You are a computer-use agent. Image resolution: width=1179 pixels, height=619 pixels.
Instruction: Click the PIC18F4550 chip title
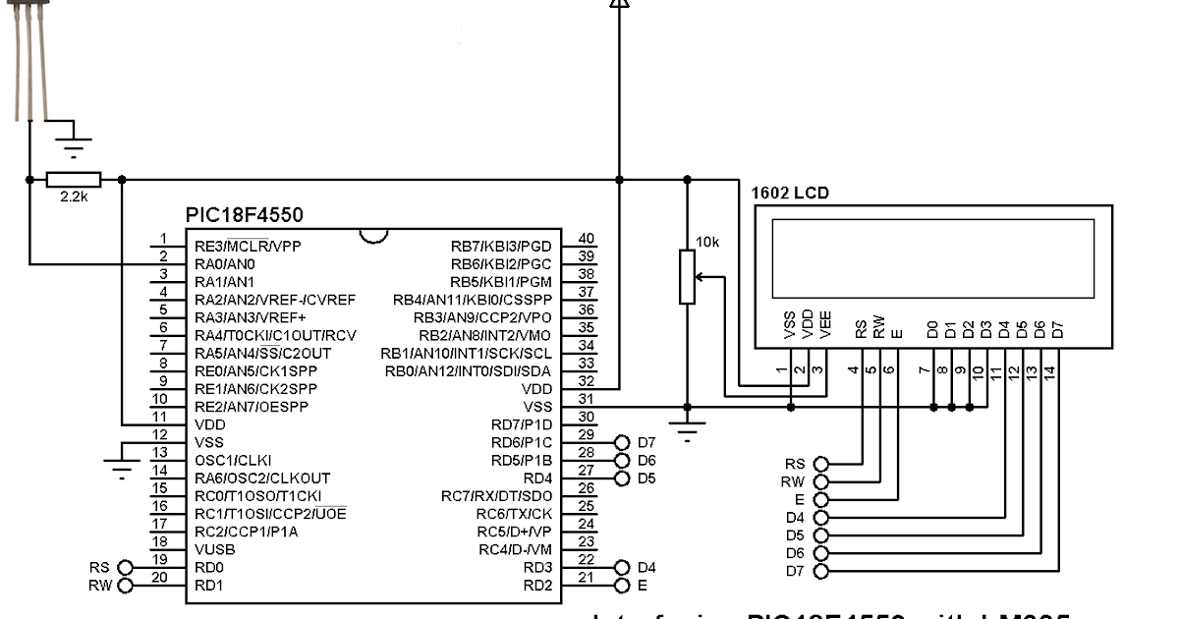point(244,214)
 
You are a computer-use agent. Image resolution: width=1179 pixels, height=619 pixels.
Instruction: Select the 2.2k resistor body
point(74,180)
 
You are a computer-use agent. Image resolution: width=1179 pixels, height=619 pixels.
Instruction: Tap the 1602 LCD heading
point(789,194)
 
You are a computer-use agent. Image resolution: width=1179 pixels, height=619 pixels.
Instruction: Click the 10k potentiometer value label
point(707,242)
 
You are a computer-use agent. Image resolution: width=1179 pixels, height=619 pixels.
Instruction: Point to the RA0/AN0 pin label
point(225,263)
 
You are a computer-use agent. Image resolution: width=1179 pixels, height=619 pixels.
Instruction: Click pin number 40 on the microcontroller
point(586,239)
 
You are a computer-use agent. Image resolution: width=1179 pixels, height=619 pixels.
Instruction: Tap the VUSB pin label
point(215,548)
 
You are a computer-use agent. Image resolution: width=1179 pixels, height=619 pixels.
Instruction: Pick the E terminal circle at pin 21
point(621,586)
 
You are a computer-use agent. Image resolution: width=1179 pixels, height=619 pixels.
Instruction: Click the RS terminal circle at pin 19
point(125,568)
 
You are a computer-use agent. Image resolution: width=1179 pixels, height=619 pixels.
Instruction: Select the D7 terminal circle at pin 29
point(621,442)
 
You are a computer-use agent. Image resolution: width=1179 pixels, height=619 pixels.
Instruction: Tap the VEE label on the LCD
point(825,326)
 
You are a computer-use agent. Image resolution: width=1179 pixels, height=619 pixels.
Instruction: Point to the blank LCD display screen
point(932,259)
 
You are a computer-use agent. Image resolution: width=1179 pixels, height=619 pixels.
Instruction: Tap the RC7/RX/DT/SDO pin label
point(496,495)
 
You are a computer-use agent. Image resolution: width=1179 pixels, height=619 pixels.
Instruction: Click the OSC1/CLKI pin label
point(233,459)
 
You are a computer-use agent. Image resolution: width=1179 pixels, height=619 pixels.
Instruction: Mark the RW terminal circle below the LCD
point(821,481)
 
